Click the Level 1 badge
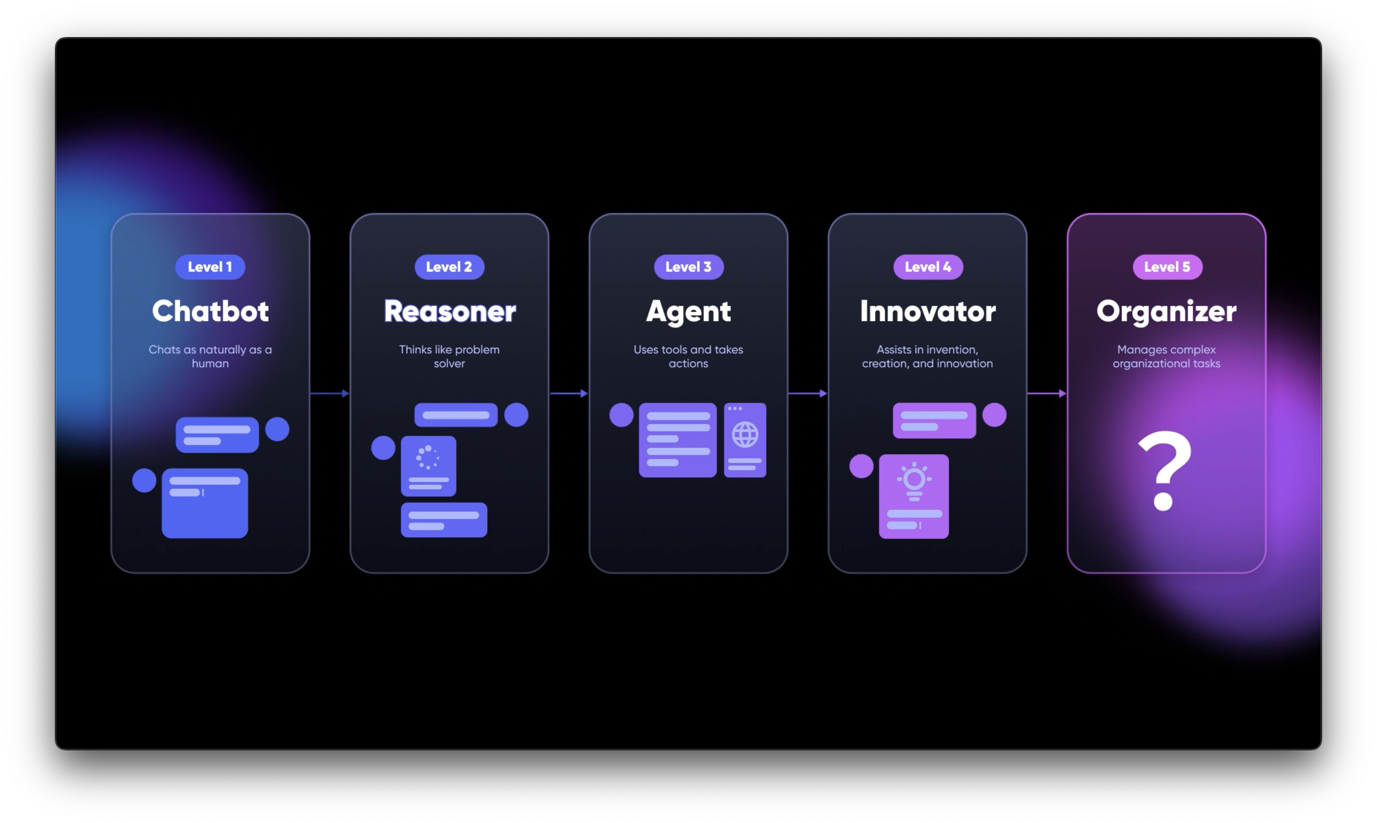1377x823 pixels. pos(210,267)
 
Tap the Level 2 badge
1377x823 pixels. pos(449,267)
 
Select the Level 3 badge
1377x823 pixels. pos(688,267)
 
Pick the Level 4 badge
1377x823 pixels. pos(928,267)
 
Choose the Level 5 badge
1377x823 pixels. pos(1167,267)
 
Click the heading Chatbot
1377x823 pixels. pos(210,311)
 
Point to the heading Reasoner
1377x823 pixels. pos(450,311)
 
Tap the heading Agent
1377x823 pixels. pos(688,312)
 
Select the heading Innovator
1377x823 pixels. pos(928,311)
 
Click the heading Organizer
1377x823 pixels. pos(1166,312)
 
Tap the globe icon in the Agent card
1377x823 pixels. pos(745,434)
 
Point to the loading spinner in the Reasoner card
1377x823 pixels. pos(427,457)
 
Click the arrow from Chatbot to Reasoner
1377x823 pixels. pos(330,393)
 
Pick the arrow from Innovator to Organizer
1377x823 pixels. pos(1047,393)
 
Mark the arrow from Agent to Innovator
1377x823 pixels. pos(808,393)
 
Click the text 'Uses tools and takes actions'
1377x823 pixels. pos(688,356)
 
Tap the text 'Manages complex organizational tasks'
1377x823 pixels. pos(1166,356)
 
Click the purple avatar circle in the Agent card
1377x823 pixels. pos(621,415)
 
